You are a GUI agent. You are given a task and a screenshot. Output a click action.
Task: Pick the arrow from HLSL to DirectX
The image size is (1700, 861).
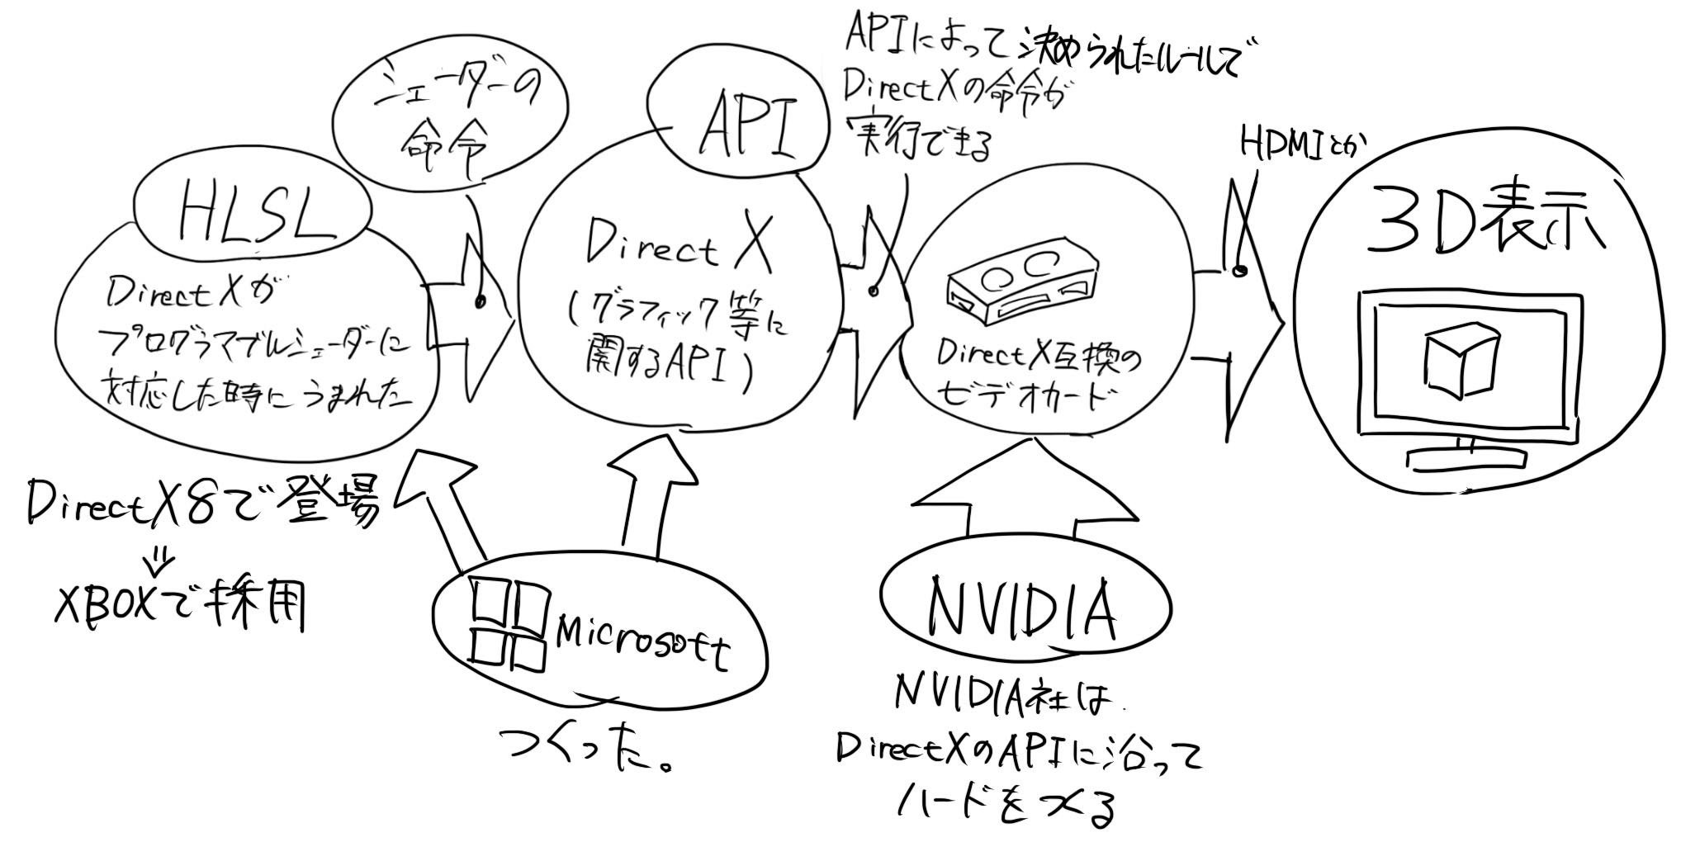coord(475,318)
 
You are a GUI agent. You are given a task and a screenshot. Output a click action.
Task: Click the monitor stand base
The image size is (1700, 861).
coord(1466,458)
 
